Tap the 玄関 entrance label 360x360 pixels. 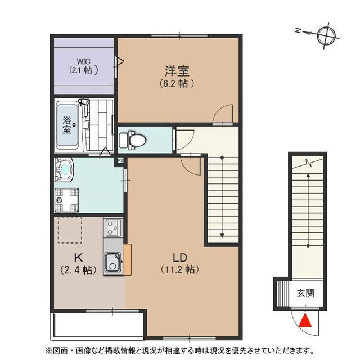pyautogui.click(x=305, y=293)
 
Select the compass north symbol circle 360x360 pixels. pyautogui.click(x=326, y=36)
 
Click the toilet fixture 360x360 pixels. pyautogui.click(x=133, y=139)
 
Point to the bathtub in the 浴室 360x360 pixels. pyautogui.click(x=67, y=125)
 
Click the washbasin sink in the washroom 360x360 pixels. pyautogui.click(x=64, y=170)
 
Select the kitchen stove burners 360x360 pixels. pyautogui.click(x=112, y=228)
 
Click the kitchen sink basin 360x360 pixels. pyautogui.click(x=112, y=263)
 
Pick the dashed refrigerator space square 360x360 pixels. pyautogui.click(x=70, y=230)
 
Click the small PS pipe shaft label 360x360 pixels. pyautogui.click(x=120, y=160)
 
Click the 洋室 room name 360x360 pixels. pyautogui.click(x=177, y=71)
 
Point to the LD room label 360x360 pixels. pyautogui.click(x=180, y=258)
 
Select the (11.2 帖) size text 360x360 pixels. pyautogui.click(x=180, y=269)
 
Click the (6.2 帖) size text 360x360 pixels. pyautogui.click(x=177, y=83)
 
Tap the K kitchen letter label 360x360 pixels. pyautogui.click(x=78, y=258)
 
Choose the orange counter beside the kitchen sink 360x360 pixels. pyautogui.click(x=127, y=259)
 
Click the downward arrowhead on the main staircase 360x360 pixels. pyautogui.click(x=222, y=236)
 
